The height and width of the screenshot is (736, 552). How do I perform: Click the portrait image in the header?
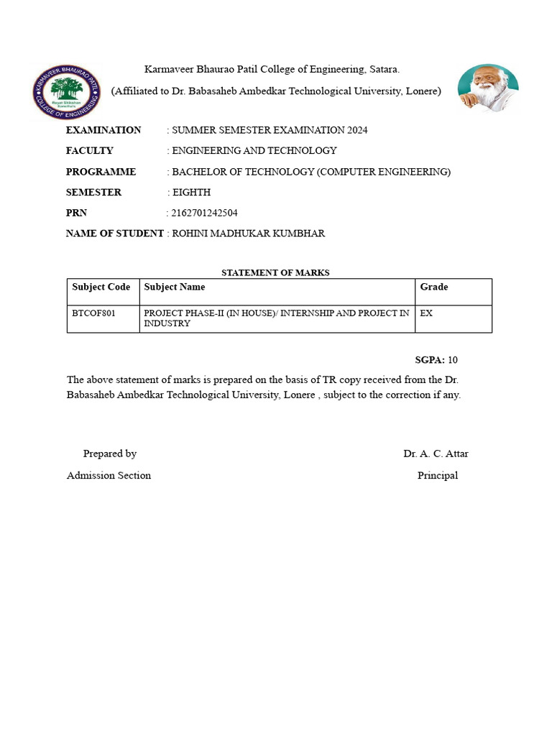point(488,88)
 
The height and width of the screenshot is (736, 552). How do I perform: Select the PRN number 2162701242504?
point(204,213)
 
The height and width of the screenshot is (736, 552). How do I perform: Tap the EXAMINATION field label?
point(103,130)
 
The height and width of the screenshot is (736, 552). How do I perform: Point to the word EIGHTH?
point(192,193)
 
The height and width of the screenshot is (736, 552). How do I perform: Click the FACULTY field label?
point(90,151)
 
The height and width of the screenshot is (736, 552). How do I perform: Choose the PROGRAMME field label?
point(101,172)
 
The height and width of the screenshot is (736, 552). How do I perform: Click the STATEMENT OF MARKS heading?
point(275,272)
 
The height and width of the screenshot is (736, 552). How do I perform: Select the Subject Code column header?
point(101,287)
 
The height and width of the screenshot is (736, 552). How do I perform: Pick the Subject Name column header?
point(175,287)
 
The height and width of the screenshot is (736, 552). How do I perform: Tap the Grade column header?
point(434,287)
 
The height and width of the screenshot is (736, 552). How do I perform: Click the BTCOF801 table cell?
point(94,313)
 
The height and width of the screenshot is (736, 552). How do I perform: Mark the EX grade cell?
point(426,313)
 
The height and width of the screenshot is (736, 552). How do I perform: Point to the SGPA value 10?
point(453,359)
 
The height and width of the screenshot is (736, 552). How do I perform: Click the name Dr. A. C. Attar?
point(436,454)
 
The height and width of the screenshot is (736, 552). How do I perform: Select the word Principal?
point(437,475)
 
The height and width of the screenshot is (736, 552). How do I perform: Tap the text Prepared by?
point(110,454)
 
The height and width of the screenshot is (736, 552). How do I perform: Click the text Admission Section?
point(109,475)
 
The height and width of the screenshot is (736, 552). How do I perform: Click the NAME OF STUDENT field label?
point(115,234)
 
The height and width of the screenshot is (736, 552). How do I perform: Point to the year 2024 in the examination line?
point(357,130)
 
